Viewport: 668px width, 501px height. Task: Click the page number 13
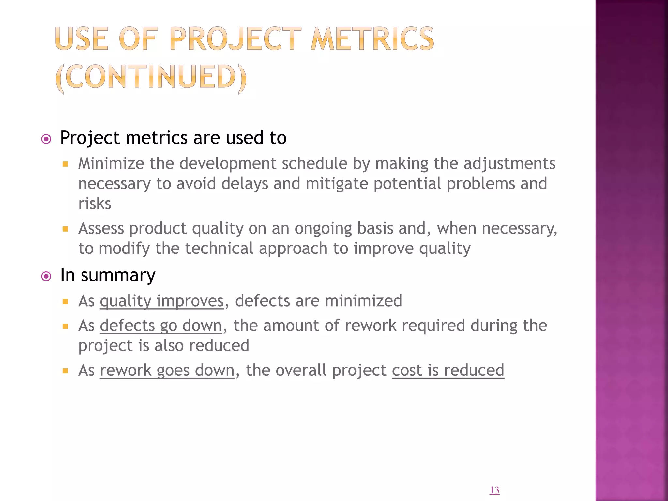(494, 490)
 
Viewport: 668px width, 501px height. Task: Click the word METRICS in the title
(372, 39)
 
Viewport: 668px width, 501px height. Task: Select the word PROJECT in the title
(235, 39)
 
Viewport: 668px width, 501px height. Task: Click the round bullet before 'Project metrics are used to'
(46, 139)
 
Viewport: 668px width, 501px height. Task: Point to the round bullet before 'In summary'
(46, 277)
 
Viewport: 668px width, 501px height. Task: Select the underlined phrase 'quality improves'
(162, 301)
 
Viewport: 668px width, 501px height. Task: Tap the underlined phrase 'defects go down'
(161, 326)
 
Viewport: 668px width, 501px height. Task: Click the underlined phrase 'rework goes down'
(167, 370)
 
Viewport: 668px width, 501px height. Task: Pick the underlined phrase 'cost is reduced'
(448, 370)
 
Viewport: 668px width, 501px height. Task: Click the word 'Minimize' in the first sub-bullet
(111, 163)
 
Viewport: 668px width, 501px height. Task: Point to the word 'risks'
(95, 204)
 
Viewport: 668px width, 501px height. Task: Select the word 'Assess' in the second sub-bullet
(101, 228)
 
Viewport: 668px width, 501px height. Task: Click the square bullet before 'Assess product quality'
(65, 229)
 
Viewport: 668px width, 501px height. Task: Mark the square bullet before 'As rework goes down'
(65, 371)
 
